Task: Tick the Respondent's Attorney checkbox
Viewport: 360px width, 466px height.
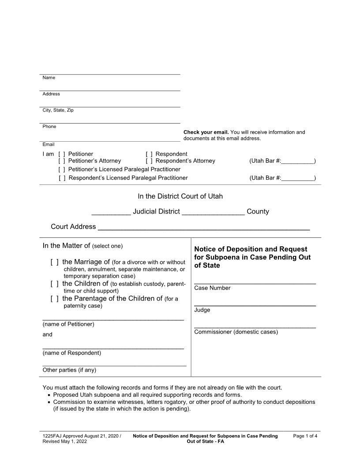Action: [149, 161]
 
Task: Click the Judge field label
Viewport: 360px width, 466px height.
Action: [202, 310]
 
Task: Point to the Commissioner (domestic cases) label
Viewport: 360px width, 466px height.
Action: [236, 332]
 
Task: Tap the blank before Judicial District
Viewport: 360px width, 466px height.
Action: [111, 212]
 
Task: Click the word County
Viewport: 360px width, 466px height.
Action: [258, 211]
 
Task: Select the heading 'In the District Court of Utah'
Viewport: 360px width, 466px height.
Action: [180, 196]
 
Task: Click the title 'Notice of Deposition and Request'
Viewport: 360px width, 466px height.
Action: [250, 249]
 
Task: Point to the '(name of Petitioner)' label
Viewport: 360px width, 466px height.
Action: [68, 324]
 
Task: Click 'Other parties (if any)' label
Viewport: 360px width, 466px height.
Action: [69, 370]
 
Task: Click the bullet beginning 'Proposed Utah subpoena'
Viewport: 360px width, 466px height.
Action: [147, 395]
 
